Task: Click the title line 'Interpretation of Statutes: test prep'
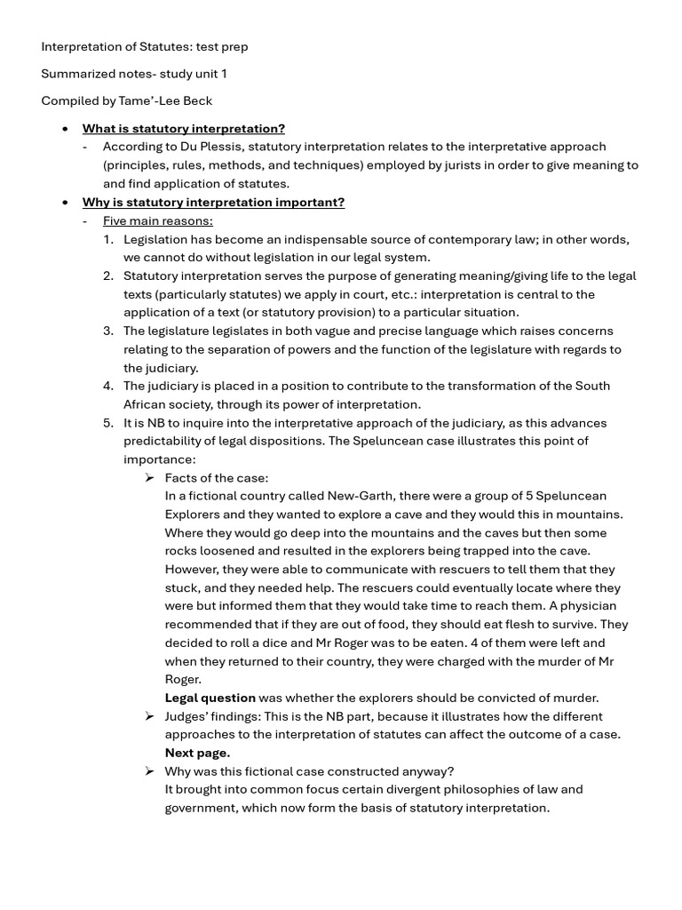[x=145, y=46]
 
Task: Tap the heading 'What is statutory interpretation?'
[x=184, y=129]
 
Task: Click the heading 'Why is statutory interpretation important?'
[x=213, y=202]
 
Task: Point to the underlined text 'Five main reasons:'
[x=157, y=220]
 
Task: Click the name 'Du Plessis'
[x=206, y=147]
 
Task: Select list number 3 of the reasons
[x=107, y=331]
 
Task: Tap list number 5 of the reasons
[x=107, y=423]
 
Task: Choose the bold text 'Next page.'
[x=197, y=753]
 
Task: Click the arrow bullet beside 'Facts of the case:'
[x=149, y=478]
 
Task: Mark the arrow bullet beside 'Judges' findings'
[x=149, y=716]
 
